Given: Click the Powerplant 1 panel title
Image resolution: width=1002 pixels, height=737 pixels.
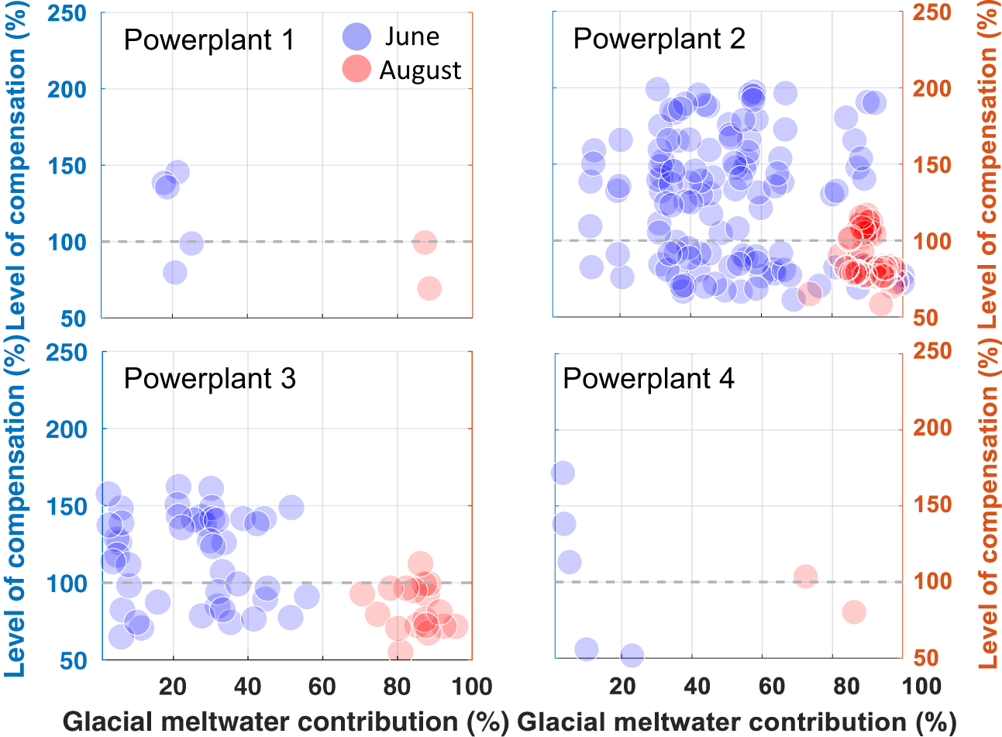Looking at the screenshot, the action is point(209,40).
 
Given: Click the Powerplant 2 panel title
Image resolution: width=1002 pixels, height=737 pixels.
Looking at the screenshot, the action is point(659,39).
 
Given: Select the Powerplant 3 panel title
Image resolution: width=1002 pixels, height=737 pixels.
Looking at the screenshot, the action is point(210,379).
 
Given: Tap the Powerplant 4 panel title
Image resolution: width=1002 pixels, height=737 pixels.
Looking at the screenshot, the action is point(649,379).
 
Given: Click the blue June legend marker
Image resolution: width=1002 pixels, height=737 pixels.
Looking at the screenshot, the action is point(356,36).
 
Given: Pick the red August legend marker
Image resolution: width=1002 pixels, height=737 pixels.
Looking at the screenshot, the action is point(356,68).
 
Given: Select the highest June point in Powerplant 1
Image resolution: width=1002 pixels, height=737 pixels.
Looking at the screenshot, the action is point(177,172).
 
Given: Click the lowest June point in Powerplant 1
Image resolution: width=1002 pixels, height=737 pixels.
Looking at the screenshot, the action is point(175,272).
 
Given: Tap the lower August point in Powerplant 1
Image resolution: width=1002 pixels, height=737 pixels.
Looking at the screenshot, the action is point(429,288).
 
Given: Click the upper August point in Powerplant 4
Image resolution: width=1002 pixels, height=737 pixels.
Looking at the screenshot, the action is point(805,576).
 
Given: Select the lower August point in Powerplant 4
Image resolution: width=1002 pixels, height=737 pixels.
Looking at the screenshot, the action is point(854,611).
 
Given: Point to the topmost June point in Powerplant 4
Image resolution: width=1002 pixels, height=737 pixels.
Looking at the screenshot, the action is point(563,473).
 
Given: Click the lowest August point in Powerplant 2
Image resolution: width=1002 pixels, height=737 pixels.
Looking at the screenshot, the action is point(881,305).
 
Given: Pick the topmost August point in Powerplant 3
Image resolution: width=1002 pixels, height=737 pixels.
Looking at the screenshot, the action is point(420,563).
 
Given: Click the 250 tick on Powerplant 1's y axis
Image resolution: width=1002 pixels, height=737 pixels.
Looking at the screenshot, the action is point(67,13).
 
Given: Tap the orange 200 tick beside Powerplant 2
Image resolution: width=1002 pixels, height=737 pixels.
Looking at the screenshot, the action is point(931,88).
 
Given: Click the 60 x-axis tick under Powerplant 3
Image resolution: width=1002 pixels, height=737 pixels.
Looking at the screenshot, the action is point(322,686).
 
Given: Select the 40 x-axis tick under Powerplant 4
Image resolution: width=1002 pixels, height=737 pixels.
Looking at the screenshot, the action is point(697,686).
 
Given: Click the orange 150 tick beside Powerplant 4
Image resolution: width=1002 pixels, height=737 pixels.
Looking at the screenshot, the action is point(931,505).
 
